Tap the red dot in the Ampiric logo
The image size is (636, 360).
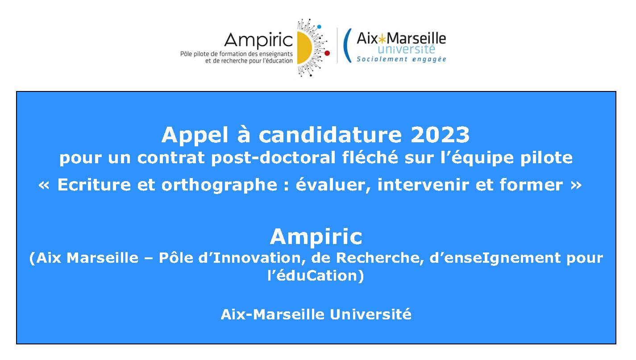[327, 53]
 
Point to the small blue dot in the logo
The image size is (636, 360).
[319, 27]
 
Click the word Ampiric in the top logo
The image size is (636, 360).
[258, 41]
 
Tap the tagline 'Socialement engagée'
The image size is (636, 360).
[401, 59]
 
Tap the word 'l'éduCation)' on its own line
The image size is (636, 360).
[316, 276]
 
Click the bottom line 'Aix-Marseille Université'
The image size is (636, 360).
[316, 314]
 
